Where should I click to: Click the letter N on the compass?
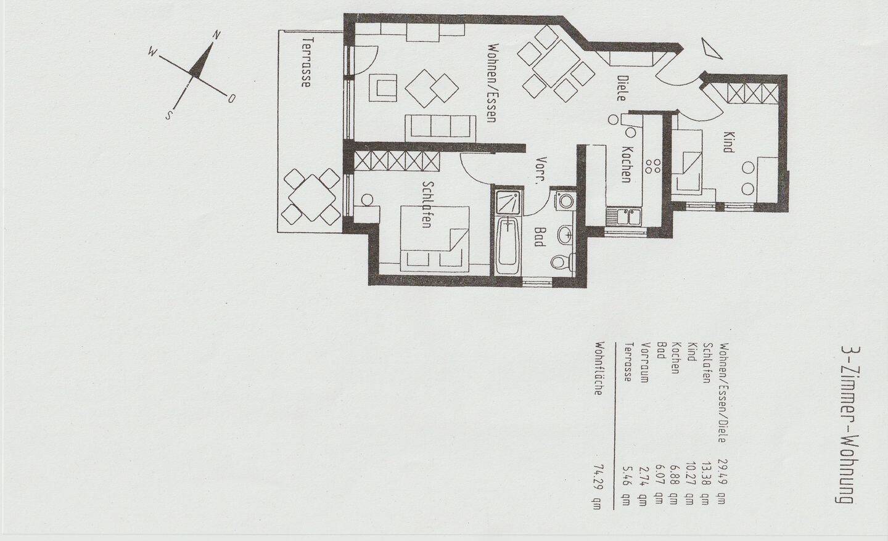click(x=216, y=35)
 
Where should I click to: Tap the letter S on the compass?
click(x=169, y=115)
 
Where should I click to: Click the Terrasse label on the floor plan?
click(x=306, y=62)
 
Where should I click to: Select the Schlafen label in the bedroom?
click(x=426, y=205)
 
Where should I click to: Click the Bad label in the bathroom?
click(x=538, y=237)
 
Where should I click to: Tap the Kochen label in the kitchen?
click(x=626, y=165)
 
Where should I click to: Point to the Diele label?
click(x=621, y=88)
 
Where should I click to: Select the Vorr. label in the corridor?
click(x=541, y=171)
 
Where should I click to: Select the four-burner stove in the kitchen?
click(x=653, y=166)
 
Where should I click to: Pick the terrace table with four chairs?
click(x=311, y=197)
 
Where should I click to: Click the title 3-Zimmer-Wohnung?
click(x=847, y=426)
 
